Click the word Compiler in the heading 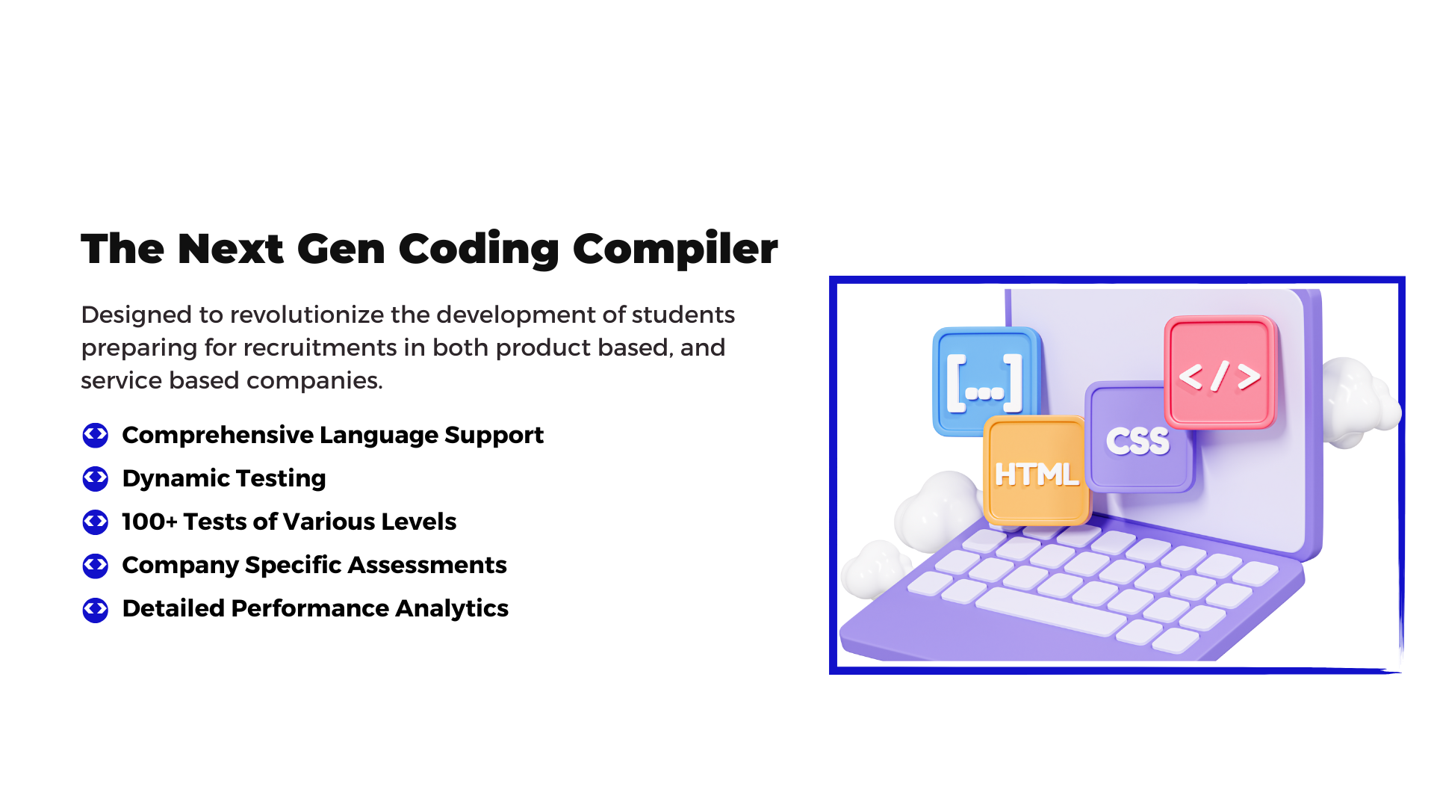(675, 249)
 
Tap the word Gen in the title (341, 249)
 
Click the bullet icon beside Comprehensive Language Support (96, 435)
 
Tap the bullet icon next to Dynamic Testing (96, 478)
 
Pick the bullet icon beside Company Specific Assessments (96, 566)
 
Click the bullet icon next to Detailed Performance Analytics (96, 609)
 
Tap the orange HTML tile (1037, 471)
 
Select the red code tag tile (1220, 373)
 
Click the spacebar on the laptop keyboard (1050, 611)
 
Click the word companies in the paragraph (314, 380)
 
